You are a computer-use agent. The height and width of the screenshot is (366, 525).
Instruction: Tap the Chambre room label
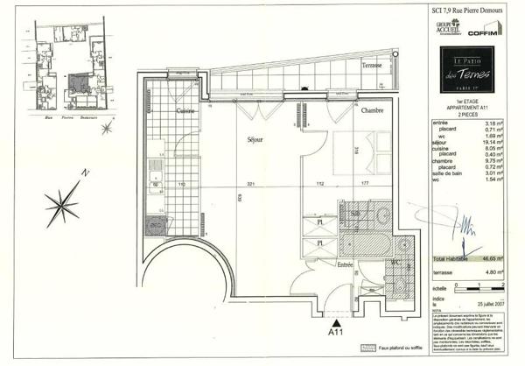368,110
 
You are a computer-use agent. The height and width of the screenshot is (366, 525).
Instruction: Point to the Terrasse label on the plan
374,67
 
